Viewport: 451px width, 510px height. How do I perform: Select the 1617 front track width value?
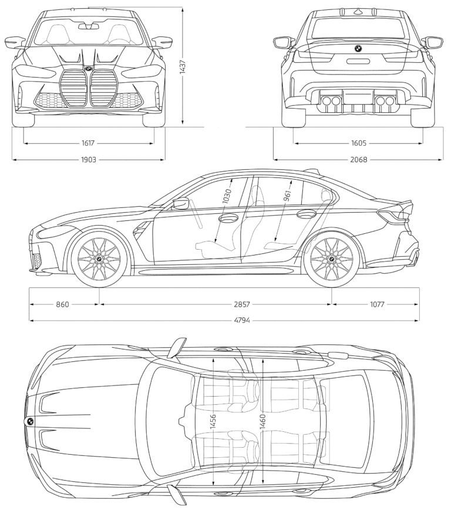[x=89, y=143]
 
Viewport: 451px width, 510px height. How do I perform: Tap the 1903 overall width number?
[x=89, y=159]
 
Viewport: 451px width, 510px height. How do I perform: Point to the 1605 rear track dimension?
[x=359, y=143]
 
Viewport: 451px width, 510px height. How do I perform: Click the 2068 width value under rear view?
[x=359, y=159]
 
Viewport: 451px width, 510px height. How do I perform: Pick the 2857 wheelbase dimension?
[x=241, y=304]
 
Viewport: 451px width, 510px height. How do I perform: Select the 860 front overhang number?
[x=62, y=304]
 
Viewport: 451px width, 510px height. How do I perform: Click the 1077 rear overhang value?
[x=376, y=304]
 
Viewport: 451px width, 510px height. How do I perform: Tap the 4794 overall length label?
[x=225, y=321]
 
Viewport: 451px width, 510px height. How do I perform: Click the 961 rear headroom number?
[x=287, y=197]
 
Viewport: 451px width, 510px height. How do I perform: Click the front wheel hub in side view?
[x=99, y=259]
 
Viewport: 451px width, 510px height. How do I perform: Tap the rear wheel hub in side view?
[x=331, y=259]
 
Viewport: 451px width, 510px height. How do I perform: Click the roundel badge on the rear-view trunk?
[x=357, y=49]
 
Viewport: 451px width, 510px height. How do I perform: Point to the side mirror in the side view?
[x=180, y=203]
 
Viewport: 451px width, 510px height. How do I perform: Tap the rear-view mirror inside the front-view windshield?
[x=89, y=25]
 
